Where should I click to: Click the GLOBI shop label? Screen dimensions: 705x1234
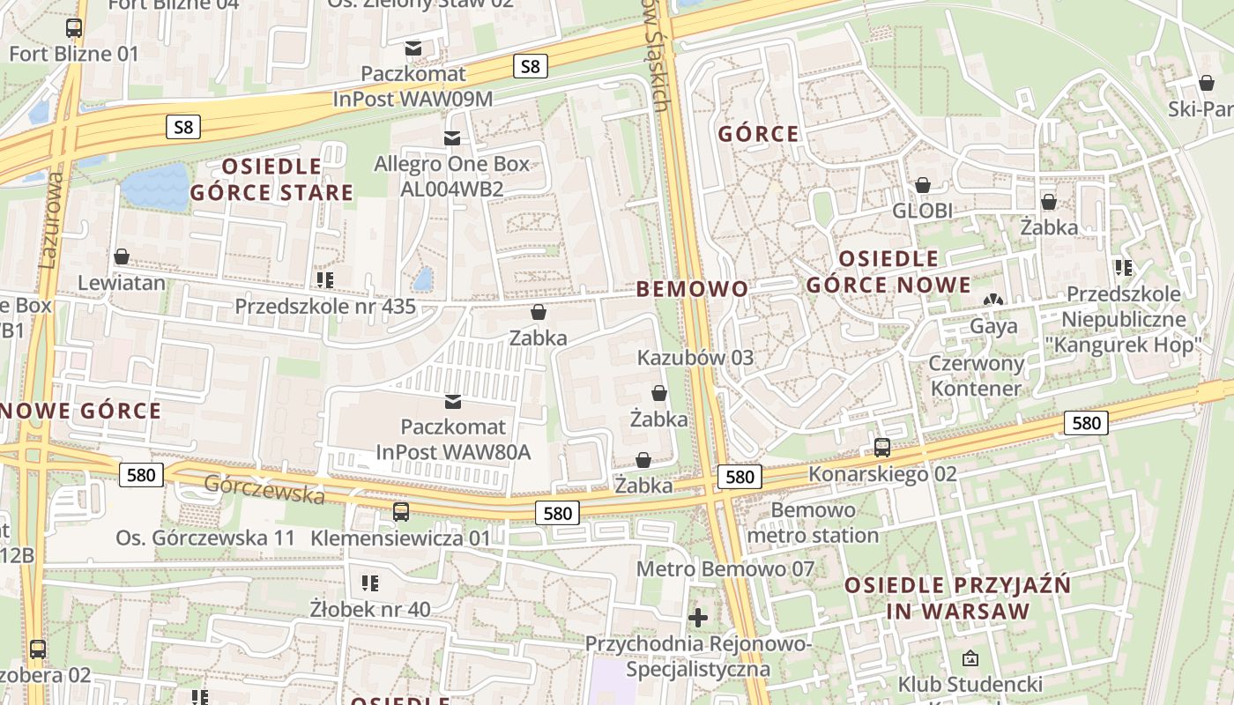pos(922,211)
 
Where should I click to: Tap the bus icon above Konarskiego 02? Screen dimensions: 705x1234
pos(882,448)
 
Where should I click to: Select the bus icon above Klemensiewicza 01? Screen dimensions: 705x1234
pos(401,512)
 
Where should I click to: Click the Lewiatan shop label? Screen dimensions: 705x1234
pos(122,283)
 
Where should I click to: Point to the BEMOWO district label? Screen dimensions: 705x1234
pos(692,289)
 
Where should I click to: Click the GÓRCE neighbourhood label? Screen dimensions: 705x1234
pos(758,135)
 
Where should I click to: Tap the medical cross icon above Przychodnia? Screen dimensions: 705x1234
pos(698,618)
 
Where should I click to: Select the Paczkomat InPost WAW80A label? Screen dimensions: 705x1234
pos(453,439)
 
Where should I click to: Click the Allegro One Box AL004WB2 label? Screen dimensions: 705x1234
pos(451,176)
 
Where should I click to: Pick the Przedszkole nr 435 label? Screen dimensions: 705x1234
pos(324,307)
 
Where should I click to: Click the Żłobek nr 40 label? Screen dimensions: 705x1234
pos(370,608)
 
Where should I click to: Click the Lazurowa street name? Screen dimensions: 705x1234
pos(49,220)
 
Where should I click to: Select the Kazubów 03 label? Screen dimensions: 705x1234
pos(695,358)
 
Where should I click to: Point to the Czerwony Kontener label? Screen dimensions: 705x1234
pos(976,375)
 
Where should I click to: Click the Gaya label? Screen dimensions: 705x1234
pos(993,326)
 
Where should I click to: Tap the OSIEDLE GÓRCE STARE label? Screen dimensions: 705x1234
pos(271,180)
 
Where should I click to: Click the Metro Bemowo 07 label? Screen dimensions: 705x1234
pos(725,569)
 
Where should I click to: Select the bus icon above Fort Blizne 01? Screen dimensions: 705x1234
pos(74,28)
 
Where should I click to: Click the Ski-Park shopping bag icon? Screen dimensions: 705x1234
pos(1206,84)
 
